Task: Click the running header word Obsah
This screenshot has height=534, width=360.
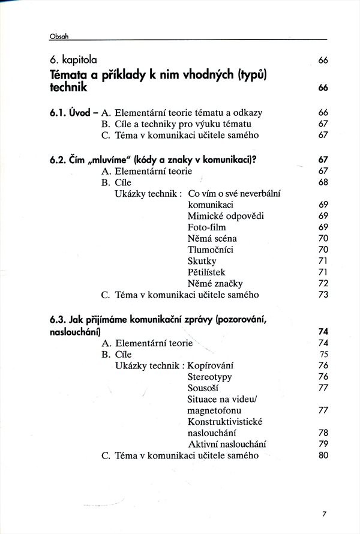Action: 59,36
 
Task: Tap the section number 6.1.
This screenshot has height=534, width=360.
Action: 60,113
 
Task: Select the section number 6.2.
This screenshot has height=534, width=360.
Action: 60,160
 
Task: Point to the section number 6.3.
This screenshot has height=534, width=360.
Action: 60,320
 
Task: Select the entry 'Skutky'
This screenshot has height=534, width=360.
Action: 202,261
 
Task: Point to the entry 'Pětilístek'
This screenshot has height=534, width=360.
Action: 206,272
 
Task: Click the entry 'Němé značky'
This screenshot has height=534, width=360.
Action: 215,283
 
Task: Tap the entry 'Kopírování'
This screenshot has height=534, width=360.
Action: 210,365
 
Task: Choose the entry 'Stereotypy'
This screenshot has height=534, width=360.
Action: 209,377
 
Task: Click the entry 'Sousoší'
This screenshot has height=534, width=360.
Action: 203,388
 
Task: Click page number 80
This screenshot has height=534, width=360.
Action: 323,455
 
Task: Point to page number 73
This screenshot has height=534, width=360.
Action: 323,295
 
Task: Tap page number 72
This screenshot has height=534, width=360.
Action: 323,283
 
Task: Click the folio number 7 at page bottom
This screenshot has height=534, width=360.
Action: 323,514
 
